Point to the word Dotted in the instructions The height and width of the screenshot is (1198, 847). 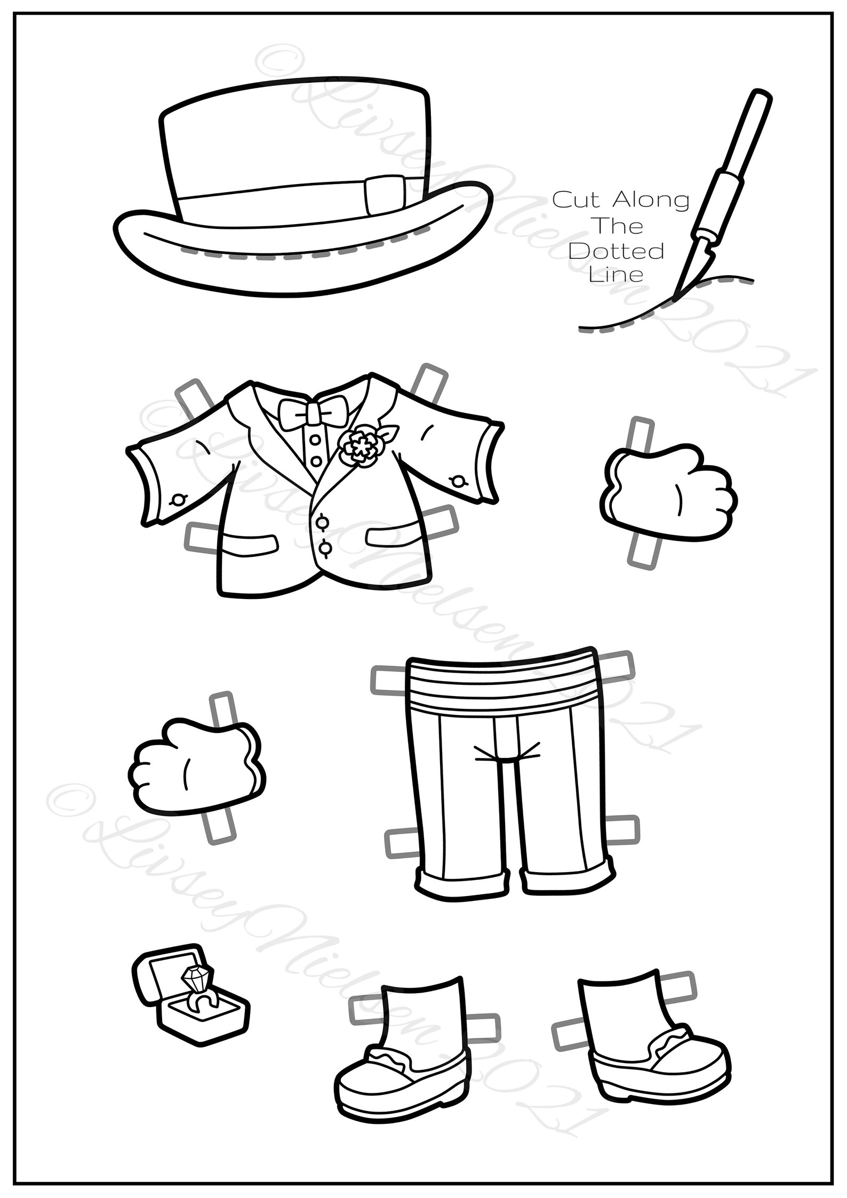619,251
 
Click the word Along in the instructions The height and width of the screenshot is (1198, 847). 651,201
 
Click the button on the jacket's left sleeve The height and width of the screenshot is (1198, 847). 178,500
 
